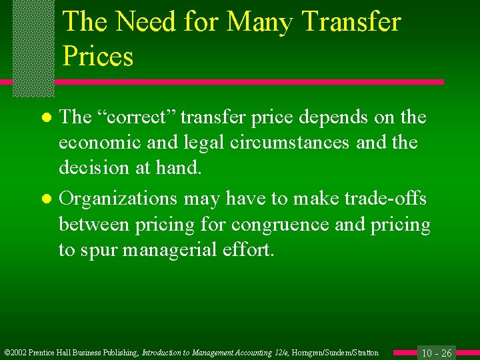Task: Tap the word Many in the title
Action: tap(260, 21)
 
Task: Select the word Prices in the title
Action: tap(98, 56)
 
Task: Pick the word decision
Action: tap(93, 167)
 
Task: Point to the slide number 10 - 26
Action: tap(437, 352)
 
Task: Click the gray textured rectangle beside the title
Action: tap(33, 47)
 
